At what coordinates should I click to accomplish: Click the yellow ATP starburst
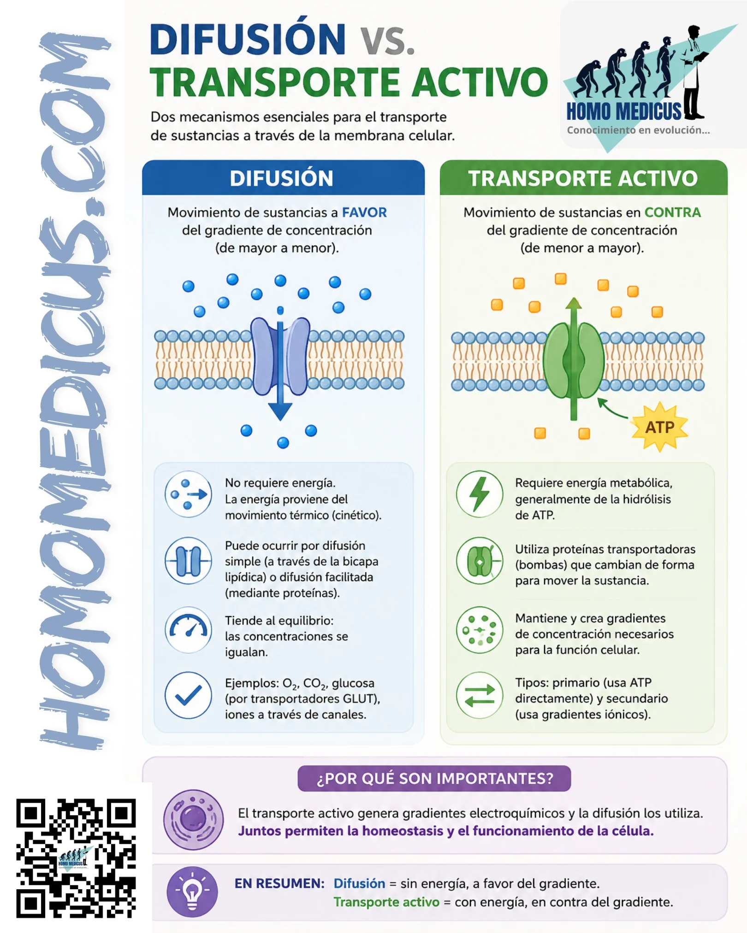click(659, 427)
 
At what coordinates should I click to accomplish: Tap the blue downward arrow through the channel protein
click(280, 364)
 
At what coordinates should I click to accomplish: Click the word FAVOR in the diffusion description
click(364, 212)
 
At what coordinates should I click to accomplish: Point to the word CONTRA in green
click(672, 212)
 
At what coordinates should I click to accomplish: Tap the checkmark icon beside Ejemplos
click(188, 695)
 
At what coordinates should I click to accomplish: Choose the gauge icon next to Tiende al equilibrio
click(188, 630)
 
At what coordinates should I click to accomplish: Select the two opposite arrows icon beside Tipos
click(480, 695)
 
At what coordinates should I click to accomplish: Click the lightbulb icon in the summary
click(192, 892)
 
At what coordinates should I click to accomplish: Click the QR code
click(76, 858)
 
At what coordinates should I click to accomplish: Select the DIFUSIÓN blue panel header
click(283, 178)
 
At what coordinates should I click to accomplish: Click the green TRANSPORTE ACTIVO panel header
click(583, 178)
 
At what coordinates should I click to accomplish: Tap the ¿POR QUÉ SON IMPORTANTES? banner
click(434, 778)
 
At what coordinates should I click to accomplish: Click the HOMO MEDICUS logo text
click(623, 111)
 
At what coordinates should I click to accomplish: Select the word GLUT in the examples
click(359, 698)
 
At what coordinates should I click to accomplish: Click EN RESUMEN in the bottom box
click(279, 883)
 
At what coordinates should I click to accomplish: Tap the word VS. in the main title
click(387, 41)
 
